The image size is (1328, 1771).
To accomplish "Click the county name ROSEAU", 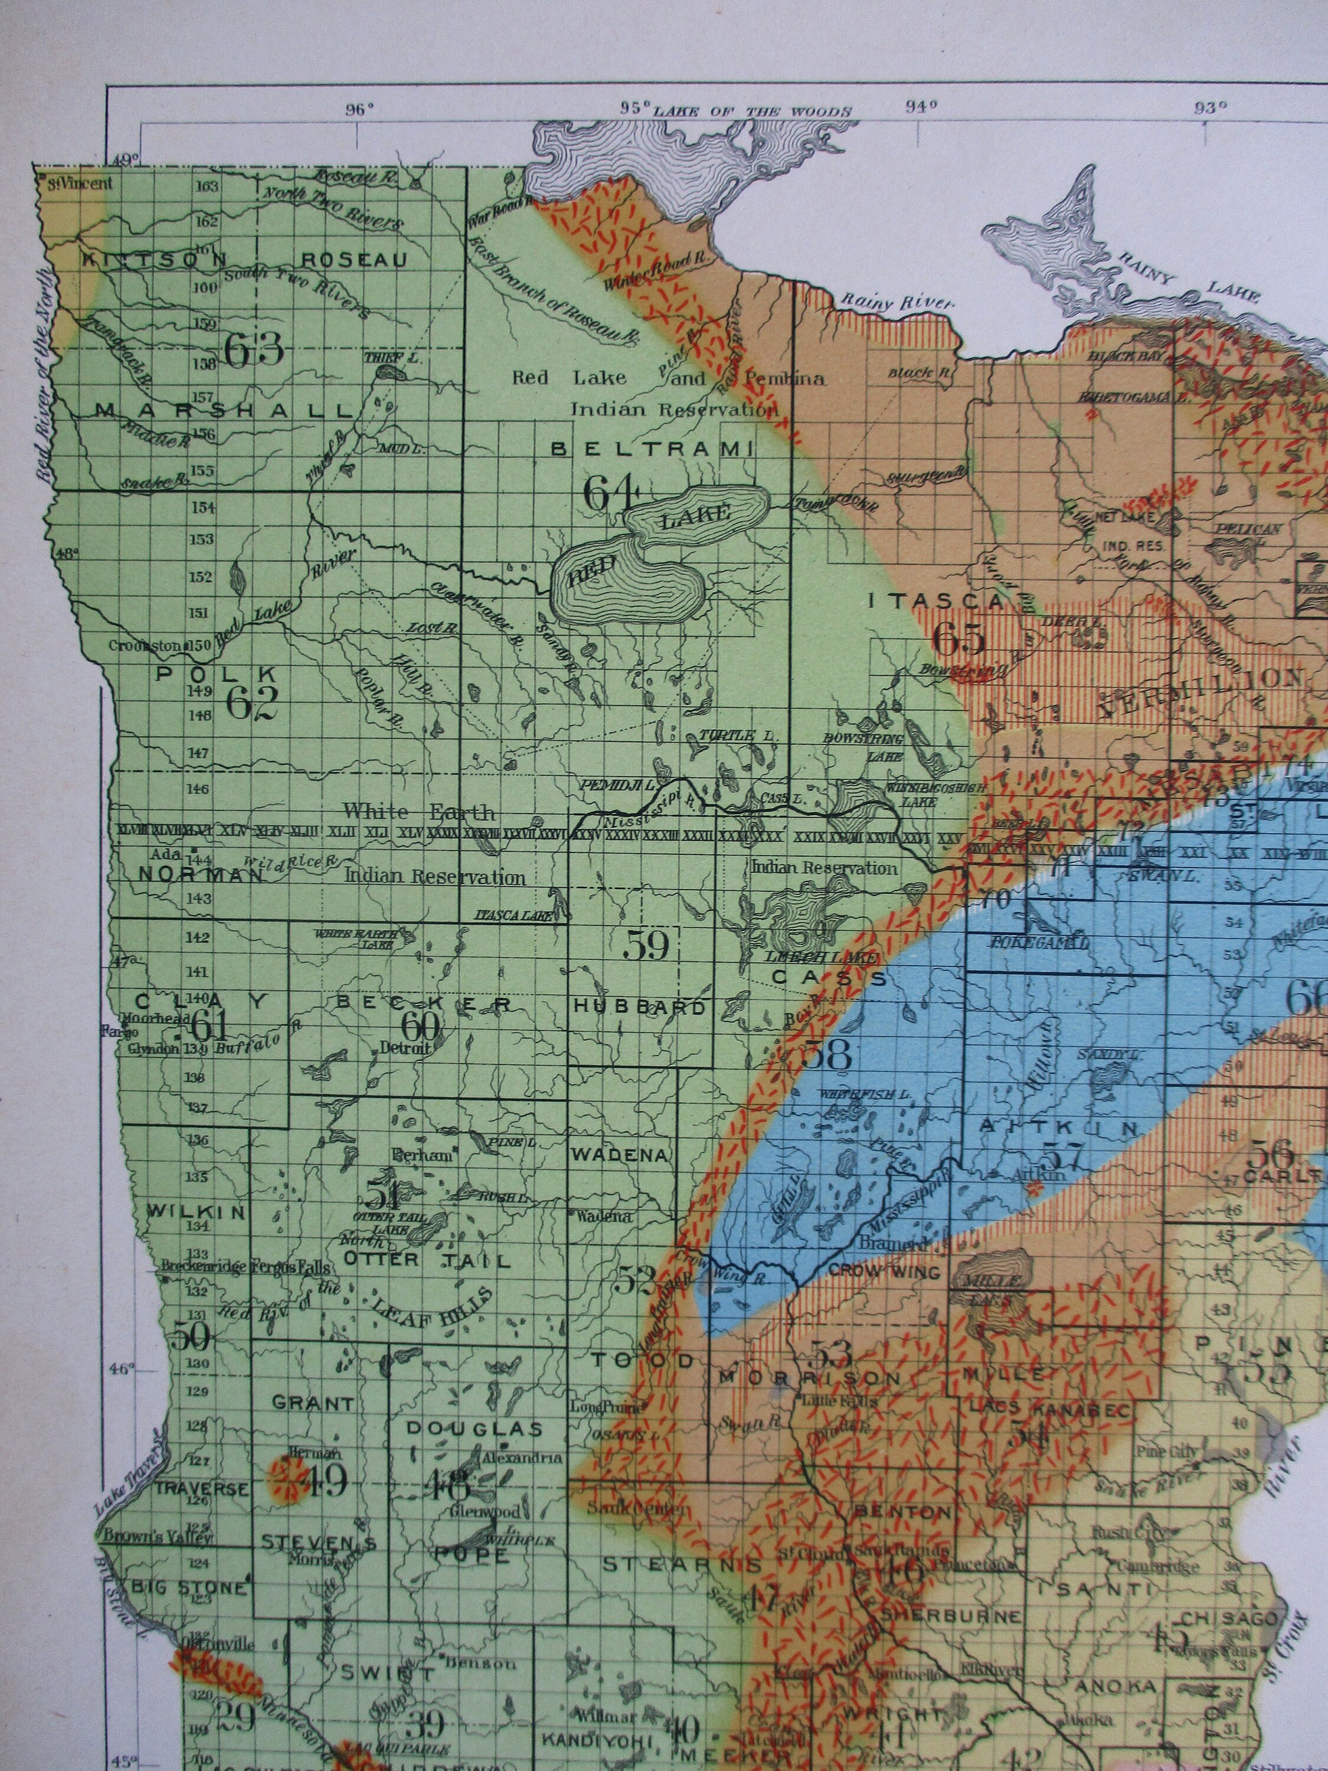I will [x=355, y=260].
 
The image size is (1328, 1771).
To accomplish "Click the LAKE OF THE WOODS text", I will [x=753, y=112].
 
